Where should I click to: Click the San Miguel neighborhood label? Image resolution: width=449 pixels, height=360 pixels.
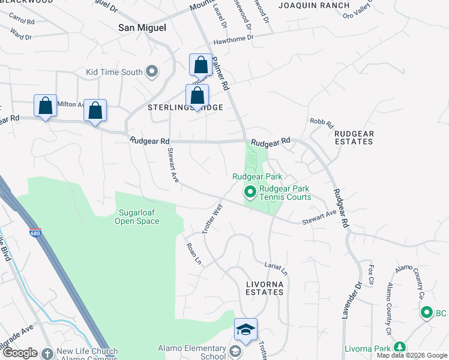[142, 28]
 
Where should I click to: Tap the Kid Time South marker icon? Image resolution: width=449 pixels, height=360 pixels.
[152, 72]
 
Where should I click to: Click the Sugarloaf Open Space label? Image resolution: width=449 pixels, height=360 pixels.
[138, 217]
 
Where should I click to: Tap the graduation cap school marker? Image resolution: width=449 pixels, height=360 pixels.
[246, 329]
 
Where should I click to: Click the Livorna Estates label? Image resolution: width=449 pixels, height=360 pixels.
[264, 287]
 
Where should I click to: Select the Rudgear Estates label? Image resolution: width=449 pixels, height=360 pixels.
[354, 137]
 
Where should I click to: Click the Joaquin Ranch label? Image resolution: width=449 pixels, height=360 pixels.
[314, 5]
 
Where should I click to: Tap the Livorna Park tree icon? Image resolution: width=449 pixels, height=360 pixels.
[399, 347]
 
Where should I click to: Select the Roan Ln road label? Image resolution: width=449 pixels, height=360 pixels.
[193, 254]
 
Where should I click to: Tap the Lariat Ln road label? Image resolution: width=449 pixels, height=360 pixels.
[276, 268]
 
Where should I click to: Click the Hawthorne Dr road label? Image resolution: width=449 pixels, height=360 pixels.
[234, 39]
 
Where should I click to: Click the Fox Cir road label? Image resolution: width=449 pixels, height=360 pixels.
[371, 274]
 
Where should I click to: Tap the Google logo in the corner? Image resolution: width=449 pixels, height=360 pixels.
[20, 353]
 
